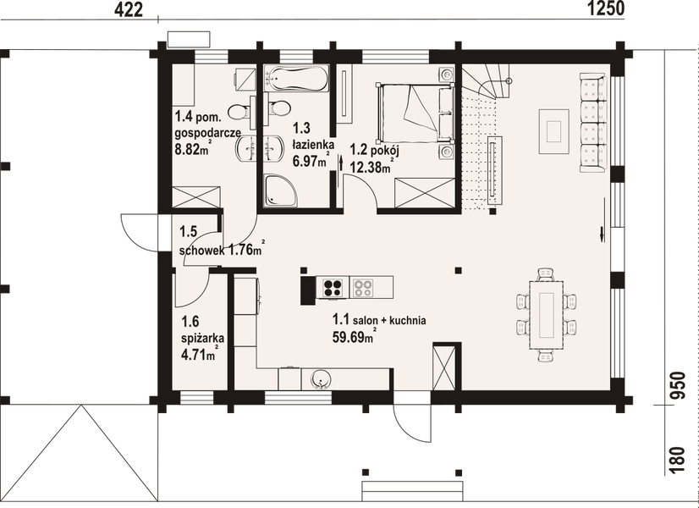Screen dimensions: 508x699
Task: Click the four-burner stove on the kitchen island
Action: coord(331,288)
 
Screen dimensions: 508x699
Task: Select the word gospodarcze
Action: coord(208,133)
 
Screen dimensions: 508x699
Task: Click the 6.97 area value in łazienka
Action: coord(308,161)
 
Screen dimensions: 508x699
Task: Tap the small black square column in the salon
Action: coord(458,271)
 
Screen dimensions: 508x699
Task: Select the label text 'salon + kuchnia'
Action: coord(390,320)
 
